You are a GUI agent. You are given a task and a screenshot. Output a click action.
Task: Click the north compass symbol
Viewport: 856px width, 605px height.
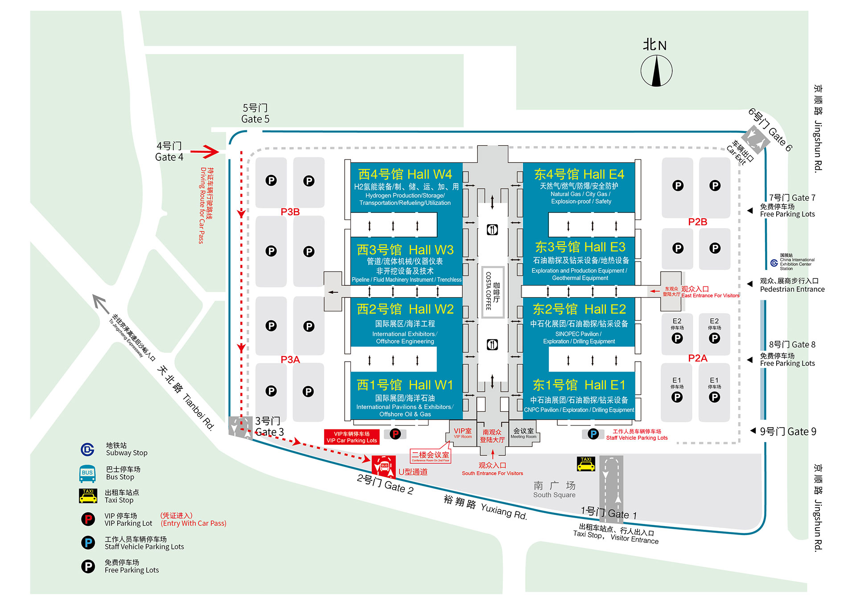(x=656, y=70)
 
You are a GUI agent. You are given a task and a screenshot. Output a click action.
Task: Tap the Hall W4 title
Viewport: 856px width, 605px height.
(x=405, y=174)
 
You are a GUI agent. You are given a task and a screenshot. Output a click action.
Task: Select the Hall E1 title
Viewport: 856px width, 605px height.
(x=579, y=385)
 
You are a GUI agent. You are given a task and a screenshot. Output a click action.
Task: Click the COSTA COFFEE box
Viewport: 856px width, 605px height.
(x=493, y=292)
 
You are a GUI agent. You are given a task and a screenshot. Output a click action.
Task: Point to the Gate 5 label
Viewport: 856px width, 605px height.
(x=255, y=114)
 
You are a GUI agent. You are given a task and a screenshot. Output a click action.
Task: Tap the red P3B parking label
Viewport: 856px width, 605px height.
(x=290, y=212)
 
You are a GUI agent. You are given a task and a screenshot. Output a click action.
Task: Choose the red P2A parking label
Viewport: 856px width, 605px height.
(x=698, y=358)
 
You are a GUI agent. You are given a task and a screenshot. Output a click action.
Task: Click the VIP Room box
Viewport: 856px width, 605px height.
(x=463, y=433)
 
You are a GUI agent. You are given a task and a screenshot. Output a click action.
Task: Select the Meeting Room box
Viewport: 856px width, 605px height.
(x=523, y=433)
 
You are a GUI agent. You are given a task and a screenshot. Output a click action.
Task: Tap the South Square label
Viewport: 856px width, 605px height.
(x=554, y=489)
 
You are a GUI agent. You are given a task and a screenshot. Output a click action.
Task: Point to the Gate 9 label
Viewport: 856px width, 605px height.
(x=788, y=431)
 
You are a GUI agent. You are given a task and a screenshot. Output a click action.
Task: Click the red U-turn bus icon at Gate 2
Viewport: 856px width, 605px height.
(x=383, y=466)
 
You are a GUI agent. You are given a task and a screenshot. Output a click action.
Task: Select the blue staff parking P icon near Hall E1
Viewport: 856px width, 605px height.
(x=593, y=434)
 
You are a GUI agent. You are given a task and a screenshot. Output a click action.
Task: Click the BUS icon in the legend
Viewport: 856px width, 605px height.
(x=87, y=474)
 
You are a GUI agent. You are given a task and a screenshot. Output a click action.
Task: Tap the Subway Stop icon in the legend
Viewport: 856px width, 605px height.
(x=87, y=450)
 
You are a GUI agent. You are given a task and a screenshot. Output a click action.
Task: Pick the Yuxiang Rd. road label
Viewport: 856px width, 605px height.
(x=486, y=507)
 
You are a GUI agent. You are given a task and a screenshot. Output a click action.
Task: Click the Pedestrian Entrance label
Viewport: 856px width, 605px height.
(x=792, y=285)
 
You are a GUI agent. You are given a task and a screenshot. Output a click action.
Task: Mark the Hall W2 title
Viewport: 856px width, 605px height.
(x=405, y=309)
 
